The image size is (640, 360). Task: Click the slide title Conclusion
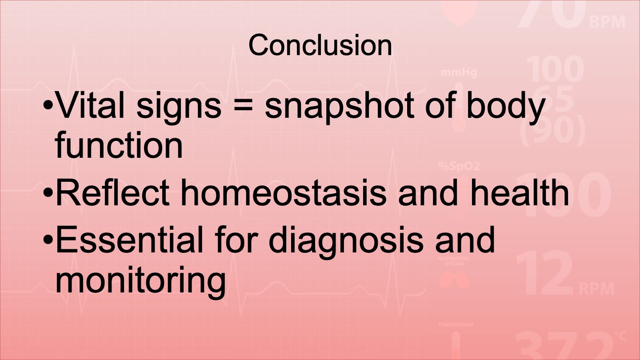click(320, 45)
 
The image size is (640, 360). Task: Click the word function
click(119, 144)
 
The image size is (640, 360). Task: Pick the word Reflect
click(112, 192)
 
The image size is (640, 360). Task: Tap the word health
click(520, 192)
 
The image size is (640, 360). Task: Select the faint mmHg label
click(459, 72)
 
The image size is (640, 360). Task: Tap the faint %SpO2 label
click(459, 166)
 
